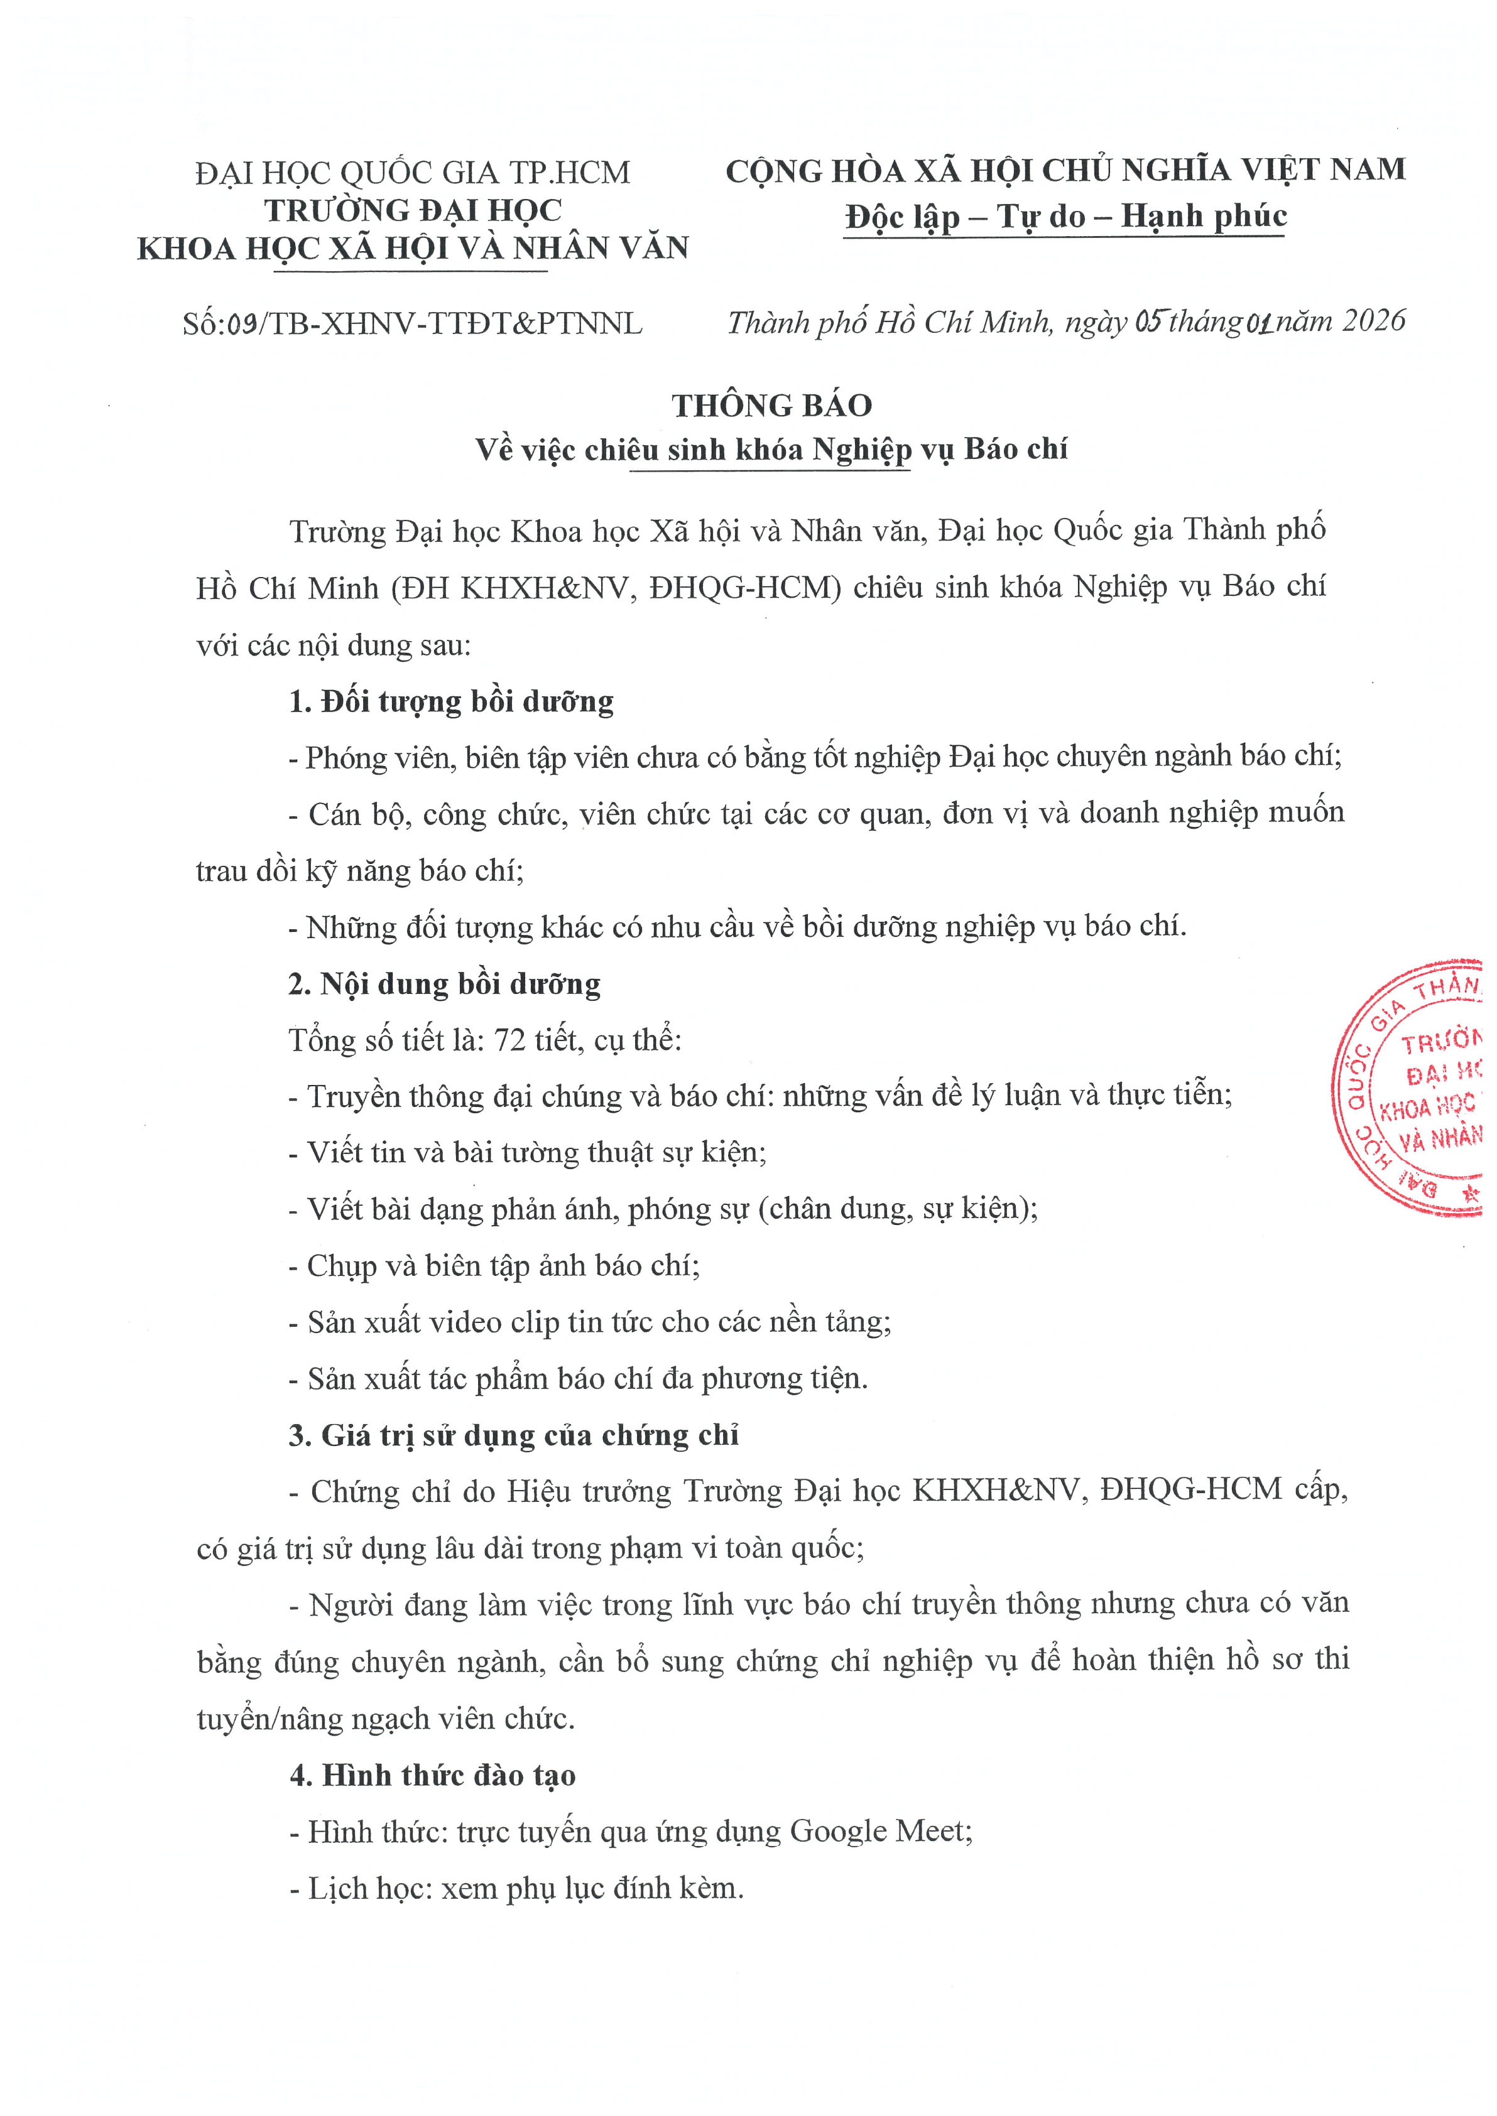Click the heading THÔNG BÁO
tap(771, 406)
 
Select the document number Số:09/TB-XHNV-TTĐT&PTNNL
tap(412, 323)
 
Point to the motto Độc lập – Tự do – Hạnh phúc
tap(1065, 217)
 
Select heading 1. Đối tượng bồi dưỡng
tap(451, 701)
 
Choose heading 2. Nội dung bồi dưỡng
tap(444, 985)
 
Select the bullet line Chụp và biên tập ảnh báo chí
tap(494, 1265)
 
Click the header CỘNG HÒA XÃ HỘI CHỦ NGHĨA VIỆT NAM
tap(1065, 171)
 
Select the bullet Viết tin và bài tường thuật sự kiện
tap(527, 1153)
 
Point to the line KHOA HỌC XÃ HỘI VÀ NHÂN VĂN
tap(412, 249)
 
